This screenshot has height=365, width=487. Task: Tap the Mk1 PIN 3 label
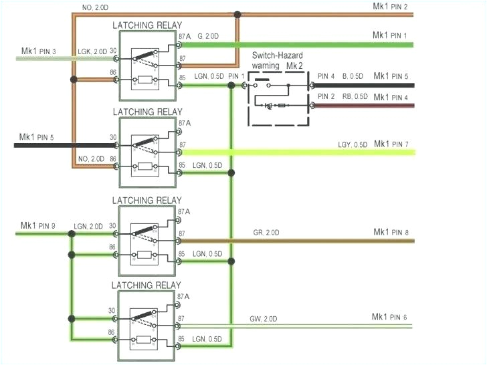(x=38, y=51)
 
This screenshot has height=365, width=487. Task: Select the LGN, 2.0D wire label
(x=89, y=226)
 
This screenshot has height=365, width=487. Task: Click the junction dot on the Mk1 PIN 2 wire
(x=237, y=13)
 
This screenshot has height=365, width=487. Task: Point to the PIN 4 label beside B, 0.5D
(x=326, y=77)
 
